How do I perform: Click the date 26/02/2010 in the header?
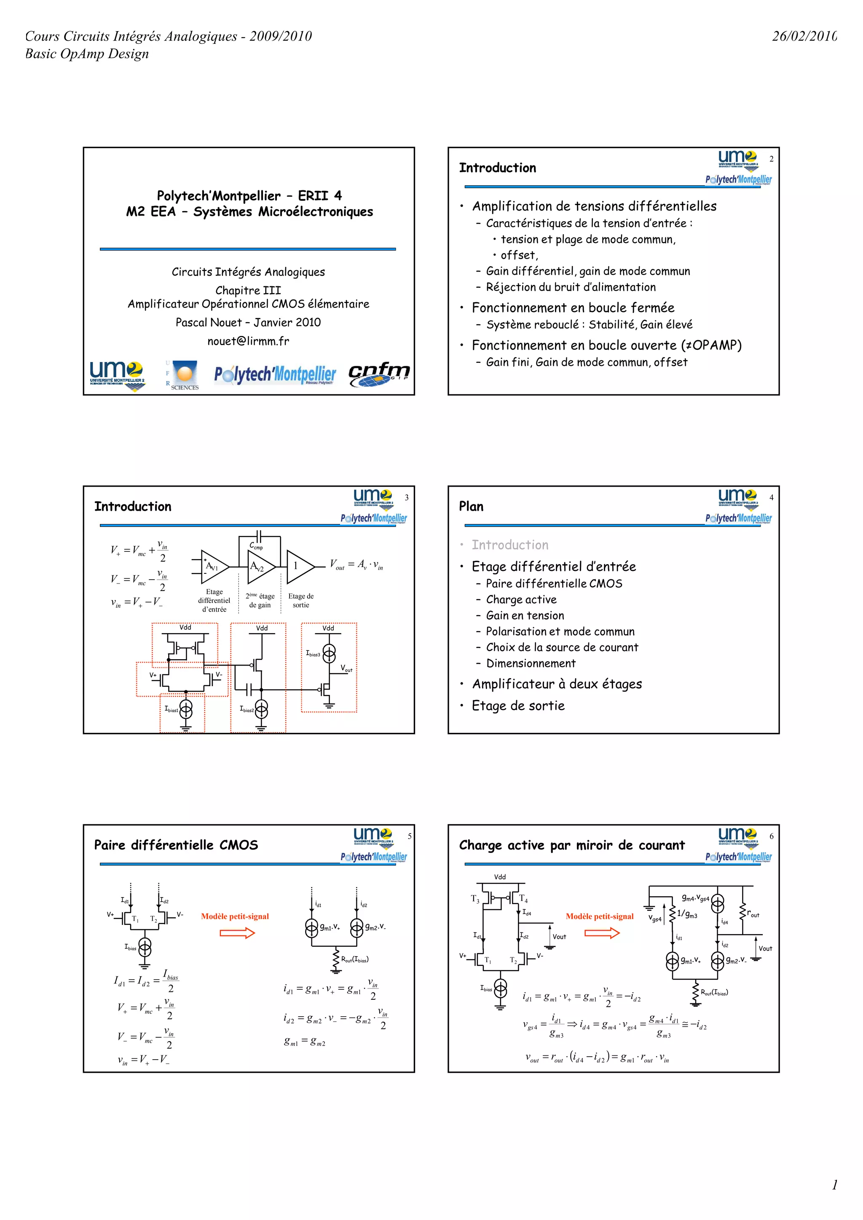click(804, 36)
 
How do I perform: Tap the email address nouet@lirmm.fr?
click(248, 341)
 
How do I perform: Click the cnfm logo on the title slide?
click(378, 373)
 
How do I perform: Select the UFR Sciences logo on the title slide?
click(182, 375)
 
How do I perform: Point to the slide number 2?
click(772, 159)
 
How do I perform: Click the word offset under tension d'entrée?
click(519, 255)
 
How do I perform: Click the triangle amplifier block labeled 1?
click(298, 567)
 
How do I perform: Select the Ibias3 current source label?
click(313, 653)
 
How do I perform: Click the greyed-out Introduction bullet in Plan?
click(510, 545)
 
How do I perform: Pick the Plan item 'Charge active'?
click(521, 599)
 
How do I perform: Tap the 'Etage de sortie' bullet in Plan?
click(518, 706)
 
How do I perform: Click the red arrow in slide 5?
click(237, 933)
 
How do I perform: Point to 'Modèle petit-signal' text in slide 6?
click(599, 916)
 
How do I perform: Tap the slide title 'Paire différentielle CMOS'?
click(176, 845)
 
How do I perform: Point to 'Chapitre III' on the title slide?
click(248, 290)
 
